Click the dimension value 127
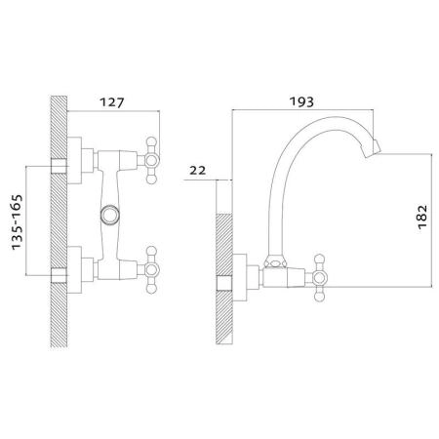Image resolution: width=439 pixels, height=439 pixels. (x=112, y=102)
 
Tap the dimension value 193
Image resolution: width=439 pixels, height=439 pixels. (x=301, y=101)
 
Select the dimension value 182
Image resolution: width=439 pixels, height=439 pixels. (x=422, y=217)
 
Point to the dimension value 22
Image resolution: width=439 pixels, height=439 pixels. (x=198, y=170)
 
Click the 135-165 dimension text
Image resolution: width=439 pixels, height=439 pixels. (x=17, y=222)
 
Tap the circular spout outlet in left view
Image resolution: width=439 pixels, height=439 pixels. (x=110, y=215)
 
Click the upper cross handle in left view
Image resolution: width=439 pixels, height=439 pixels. (x=151, y=160)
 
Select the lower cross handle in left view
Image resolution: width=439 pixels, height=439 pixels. (x=151, y=269)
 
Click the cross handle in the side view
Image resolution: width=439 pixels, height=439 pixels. (x=319, y=278)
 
